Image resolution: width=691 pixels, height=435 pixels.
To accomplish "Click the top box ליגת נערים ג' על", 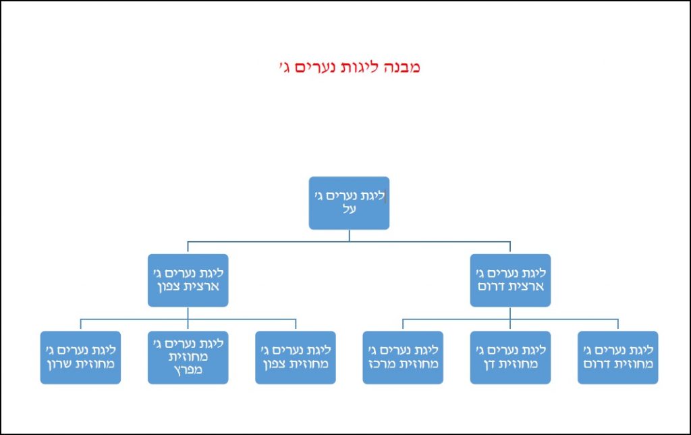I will click(x=349, y=203).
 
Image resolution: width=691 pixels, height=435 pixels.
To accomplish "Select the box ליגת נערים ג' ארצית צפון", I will click(x=188, y=280).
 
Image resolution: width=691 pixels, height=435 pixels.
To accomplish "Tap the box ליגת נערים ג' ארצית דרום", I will click(x=510, y=280).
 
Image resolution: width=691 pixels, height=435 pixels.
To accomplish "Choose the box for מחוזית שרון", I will click(x=80, y=357).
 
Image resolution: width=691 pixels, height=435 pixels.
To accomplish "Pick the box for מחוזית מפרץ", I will click(x=188, y=357).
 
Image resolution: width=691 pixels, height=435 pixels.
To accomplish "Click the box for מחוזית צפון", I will click(x=295, y=357).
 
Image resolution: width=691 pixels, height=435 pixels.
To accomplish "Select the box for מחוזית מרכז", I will click(x=403, y=357).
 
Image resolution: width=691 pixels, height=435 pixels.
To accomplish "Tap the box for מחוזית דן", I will click(x=510, y=357).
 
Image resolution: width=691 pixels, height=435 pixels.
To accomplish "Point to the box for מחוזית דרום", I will click(x=617, y=357).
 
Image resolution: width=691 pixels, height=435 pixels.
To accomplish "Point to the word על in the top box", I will click(x=349, y=210).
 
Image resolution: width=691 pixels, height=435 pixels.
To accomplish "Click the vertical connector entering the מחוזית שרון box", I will click(x=80, y=325).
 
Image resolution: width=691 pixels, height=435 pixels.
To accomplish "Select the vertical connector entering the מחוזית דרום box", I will click(x=617, y=325).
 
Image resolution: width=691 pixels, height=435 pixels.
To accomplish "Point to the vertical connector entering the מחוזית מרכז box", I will click(x=403, y=325).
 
